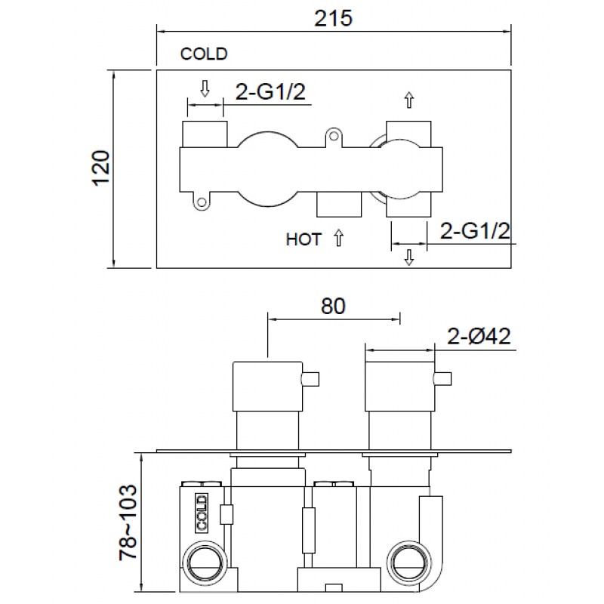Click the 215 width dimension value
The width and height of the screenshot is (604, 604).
tap(333, 18)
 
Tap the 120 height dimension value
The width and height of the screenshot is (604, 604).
tap(102, 168)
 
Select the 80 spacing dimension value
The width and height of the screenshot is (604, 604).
tap(333, 307)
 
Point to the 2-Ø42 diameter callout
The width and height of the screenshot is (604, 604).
tap(479, 336)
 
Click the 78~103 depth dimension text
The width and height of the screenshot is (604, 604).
tap(128, 522)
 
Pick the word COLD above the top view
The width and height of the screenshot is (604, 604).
tap(204, 54)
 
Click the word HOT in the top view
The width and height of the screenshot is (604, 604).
tap(304, 239)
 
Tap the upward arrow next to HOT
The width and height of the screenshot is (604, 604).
tap(338, 238)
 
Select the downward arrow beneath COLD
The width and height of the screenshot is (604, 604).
tap(205, 88)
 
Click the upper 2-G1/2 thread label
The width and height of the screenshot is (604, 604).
tap(270, 92)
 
